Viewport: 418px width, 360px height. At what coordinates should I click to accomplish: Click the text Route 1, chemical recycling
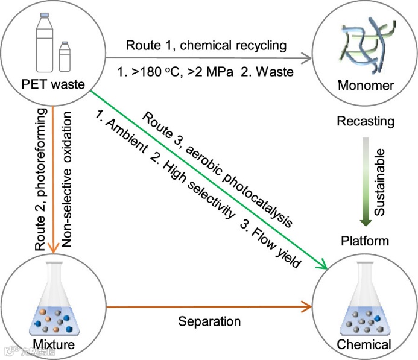[206, 46]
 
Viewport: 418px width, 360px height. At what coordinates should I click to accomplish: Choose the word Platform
[365, 241]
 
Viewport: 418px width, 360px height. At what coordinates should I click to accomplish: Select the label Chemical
[364, 345]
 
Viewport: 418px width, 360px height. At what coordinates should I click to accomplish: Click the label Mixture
[54, 345]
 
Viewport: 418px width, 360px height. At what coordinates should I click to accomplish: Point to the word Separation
[209, 321]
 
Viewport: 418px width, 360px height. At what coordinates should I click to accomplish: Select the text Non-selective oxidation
[67, 178]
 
